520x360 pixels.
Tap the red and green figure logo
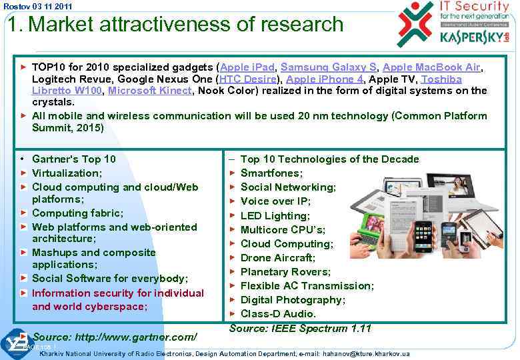coord(415,24)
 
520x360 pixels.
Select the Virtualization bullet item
coord(67,173)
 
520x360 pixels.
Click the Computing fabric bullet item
coord(77,213)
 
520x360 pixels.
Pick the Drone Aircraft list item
coord(278,257)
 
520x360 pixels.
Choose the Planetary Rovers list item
coord(285,271)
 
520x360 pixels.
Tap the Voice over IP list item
coord(275,201)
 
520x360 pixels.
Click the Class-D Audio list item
coord(278,313)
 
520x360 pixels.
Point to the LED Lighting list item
coord(275,215)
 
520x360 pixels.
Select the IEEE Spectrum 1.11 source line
coord(300,328)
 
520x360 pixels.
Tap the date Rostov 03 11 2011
coord(29,6)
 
